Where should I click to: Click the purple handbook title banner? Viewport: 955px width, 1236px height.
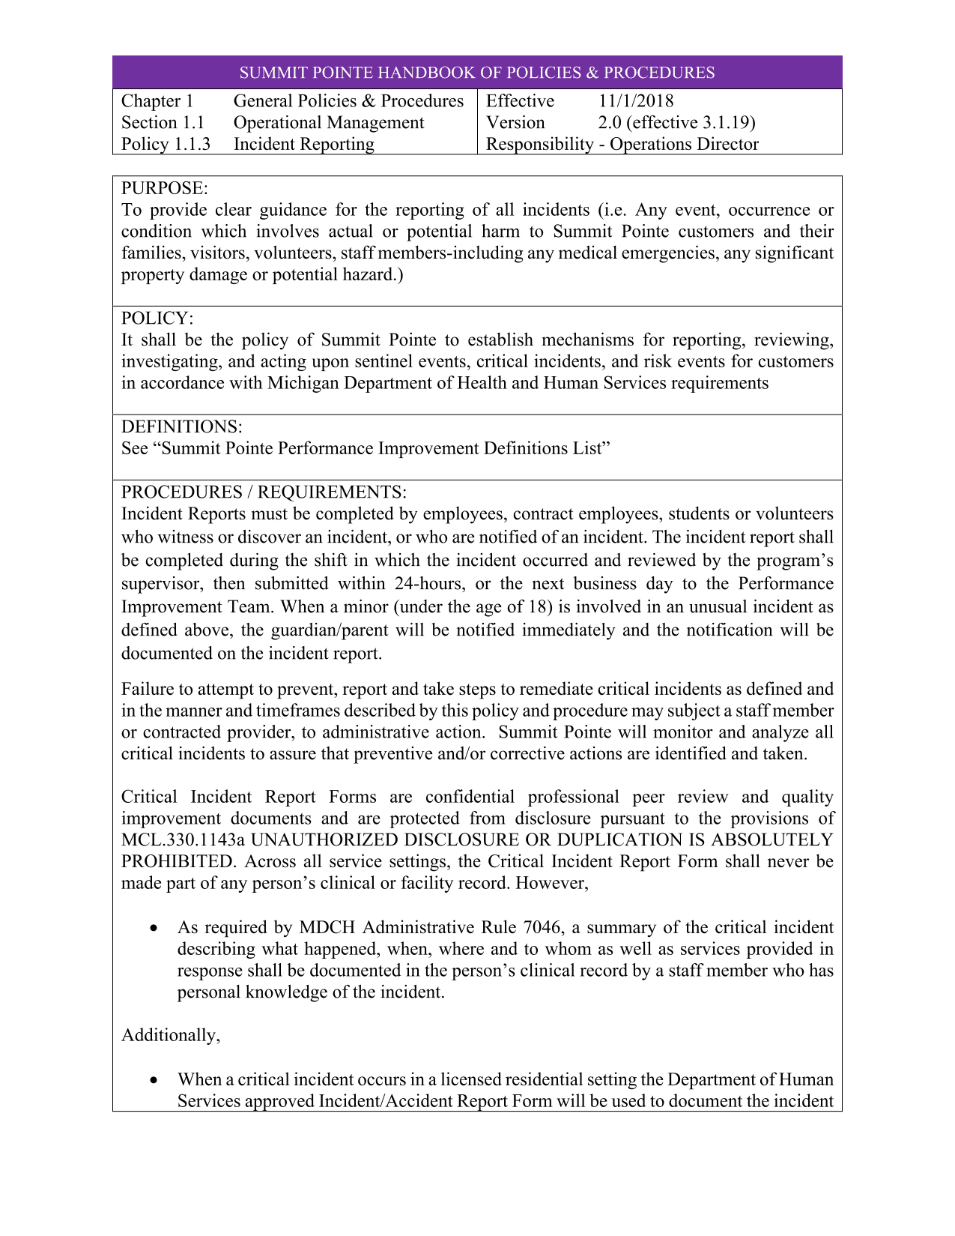[477, 73]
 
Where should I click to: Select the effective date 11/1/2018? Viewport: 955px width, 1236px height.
[635, 101]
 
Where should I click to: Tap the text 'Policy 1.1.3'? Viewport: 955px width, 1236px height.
[166, 144]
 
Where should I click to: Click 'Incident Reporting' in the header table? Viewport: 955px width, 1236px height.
[303, 144]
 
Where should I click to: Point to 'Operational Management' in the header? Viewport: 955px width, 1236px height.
[328, 123]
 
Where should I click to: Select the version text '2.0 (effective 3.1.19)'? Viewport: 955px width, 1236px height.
[676, 123]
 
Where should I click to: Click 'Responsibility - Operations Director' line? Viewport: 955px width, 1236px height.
[622, 144]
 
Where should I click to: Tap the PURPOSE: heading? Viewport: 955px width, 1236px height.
[165, 188]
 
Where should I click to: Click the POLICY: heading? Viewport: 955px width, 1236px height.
[157, 318]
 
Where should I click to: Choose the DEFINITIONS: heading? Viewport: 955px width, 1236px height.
[181, 426]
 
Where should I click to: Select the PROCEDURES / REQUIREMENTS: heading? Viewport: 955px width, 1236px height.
[264, 492]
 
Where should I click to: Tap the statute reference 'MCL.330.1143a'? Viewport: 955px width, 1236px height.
[183, 839]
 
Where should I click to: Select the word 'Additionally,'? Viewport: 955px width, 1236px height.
[171, 1035]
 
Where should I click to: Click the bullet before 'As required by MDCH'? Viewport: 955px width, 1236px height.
[154, 928]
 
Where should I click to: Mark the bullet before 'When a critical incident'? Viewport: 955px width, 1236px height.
[154, 1080]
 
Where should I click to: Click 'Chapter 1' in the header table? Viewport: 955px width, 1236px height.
[157, 101]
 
